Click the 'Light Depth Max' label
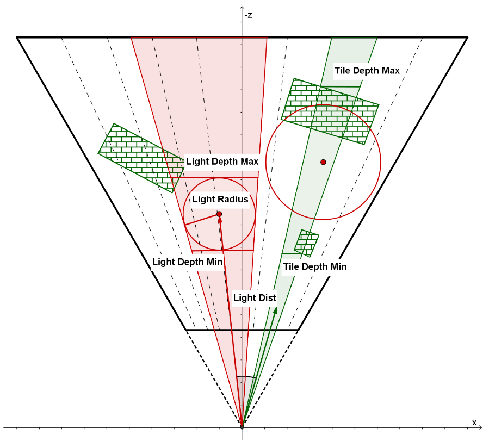click(x=222, y=162)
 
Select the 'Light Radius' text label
click(x=220, y=200)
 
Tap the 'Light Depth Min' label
click(x=187, y=262)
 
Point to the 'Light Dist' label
click(x=255, y=297)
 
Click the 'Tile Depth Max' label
click(x=367, y=71)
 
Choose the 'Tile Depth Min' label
click(x=315, y=266)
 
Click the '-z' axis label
click(x=248, y=15)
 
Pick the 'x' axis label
click(x=474, y=422)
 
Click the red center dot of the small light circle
click(x=219, y=214)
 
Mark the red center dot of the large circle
click(x=323, y=162)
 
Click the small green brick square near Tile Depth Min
click(x=307, y=243)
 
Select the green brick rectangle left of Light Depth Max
click(x=140, y=157)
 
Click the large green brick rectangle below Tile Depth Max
click(x=331, y=110)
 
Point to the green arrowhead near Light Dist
click(x=275, y=310)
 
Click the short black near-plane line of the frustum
click(x=242, y=330)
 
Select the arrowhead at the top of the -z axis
click(x=242, y=9)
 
